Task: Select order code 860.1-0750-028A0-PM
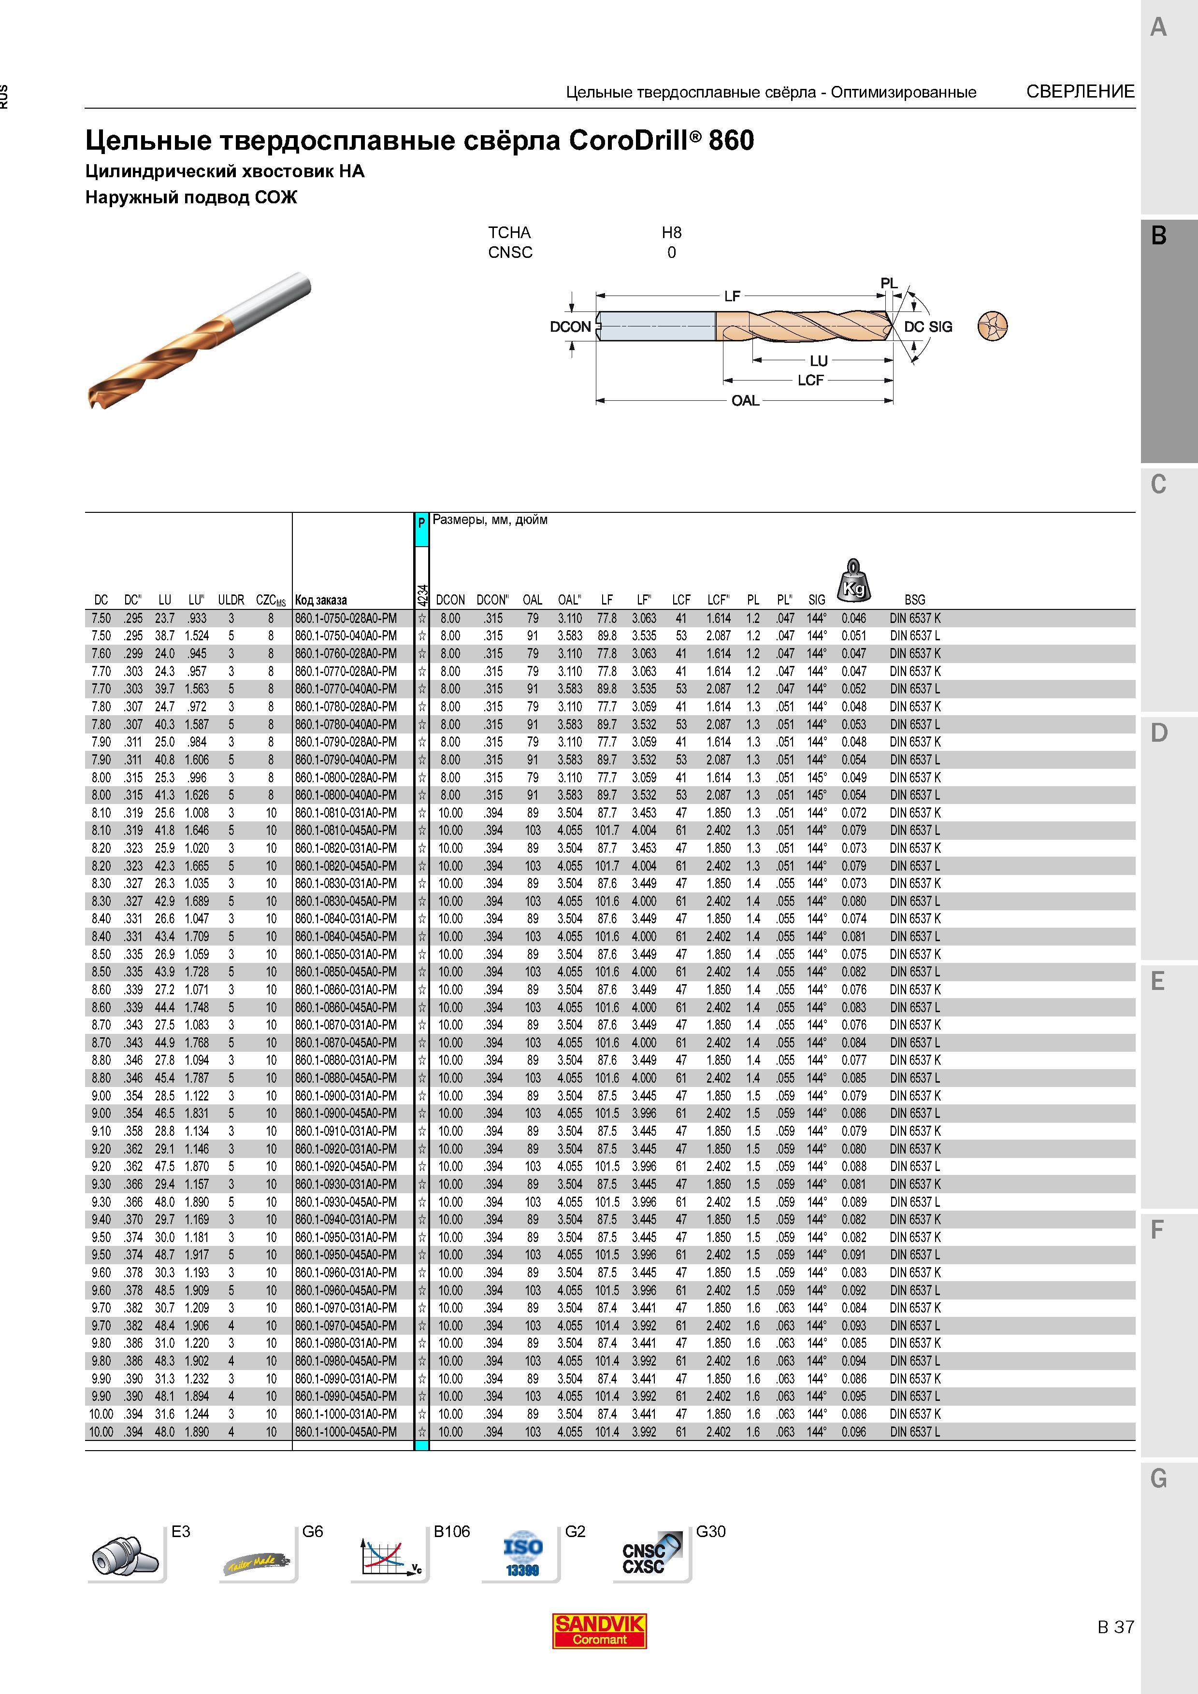(x=346, y=618)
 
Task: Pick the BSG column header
(x=914, y=600)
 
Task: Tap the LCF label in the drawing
(x=810, y=380)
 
